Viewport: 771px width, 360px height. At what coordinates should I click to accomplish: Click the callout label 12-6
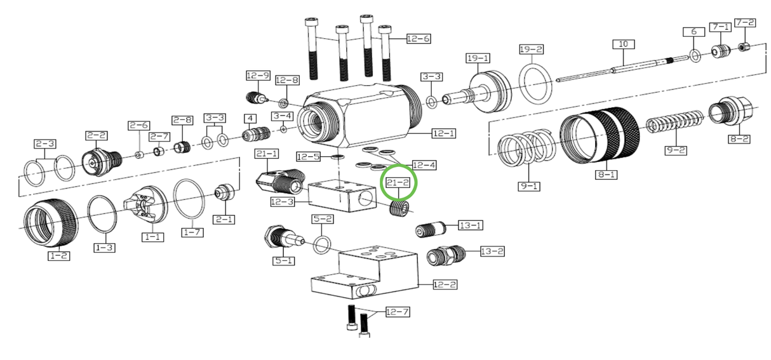419,39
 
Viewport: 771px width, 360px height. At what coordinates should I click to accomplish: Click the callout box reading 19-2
531,49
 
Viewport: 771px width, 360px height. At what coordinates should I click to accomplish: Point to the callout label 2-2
97,135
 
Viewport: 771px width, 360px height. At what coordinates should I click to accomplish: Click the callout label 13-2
492,251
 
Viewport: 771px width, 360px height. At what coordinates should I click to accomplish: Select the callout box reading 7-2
745,23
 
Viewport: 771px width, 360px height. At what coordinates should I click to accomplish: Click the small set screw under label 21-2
399,208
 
